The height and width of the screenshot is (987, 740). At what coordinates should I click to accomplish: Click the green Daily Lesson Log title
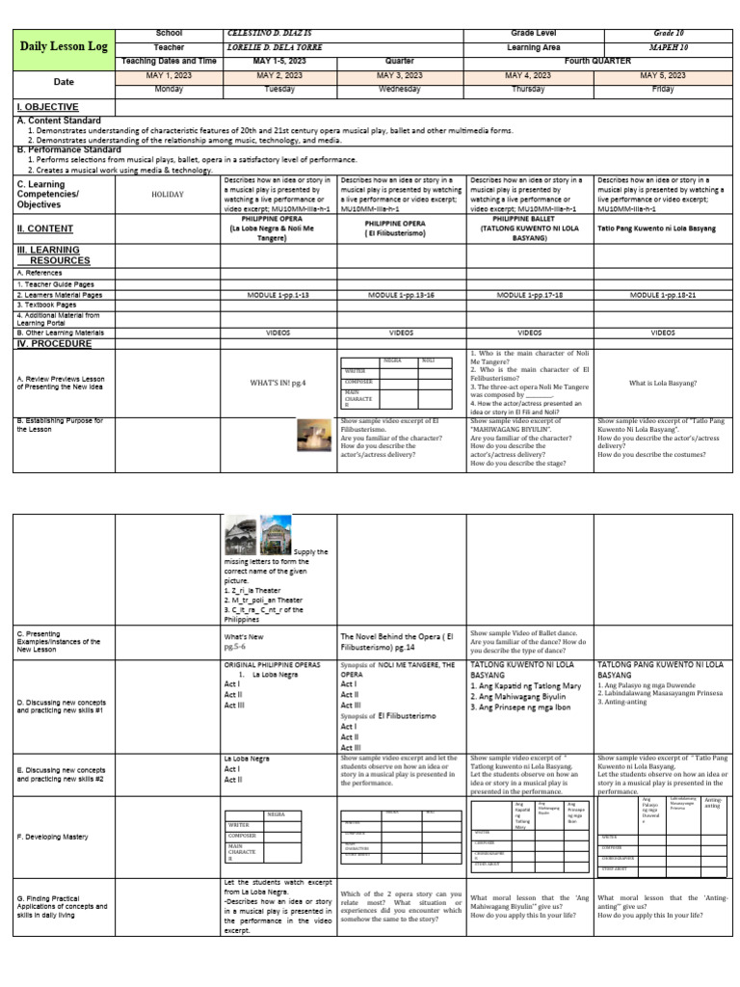[x=63, y=47]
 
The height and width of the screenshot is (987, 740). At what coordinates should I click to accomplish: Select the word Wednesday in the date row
[x=401, y=88]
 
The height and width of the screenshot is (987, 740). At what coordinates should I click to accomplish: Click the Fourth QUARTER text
[x=598, y=61]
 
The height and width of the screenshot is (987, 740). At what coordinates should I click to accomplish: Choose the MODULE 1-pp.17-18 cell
[x=530, y=295]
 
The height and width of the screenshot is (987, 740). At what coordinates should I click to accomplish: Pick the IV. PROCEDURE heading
[x=55, y=343]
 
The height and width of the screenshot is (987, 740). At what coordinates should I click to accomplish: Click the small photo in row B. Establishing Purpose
[x=313, y=436]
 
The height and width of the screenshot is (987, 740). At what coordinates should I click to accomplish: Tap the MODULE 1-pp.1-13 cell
[x=278, y=295]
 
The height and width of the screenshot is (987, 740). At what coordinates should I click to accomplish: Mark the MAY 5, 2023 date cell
[x=663, y=75]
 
